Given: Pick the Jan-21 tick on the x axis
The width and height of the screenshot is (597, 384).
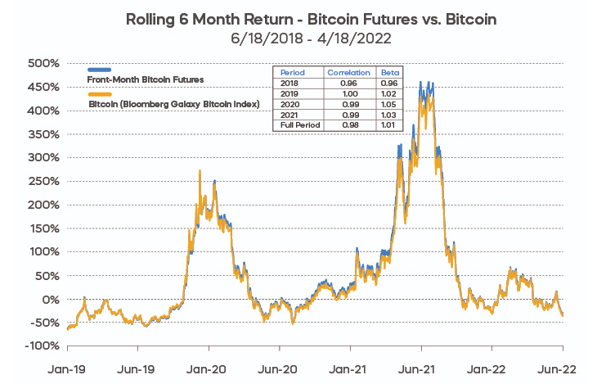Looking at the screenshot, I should tap(350, 369).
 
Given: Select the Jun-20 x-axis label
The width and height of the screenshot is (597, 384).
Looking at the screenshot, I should tap(279, 369).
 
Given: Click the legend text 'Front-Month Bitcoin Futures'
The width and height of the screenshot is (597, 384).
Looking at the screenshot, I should tap(146, 79).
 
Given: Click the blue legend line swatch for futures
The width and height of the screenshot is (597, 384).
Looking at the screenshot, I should tap(99, 70).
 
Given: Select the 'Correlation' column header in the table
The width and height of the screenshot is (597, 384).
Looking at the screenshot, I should tap(349, 73).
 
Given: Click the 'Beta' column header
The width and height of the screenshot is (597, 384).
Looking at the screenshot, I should tap(389, 73).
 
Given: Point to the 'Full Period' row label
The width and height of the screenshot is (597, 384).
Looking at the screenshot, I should tap(298, 125).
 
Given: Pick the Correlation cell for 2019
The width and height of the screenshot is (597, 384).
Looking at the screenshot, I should tap(349, 93).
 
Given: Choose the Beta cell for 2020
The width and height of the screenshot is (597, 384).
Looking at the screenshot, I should tap(389, 104).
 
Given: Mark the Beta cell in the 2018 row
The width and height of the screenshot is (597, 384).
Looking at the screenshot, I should tap(389, 84).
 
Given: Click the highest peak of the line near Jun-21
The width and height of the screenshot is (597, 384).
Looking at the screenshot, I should tap(420, 82).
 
